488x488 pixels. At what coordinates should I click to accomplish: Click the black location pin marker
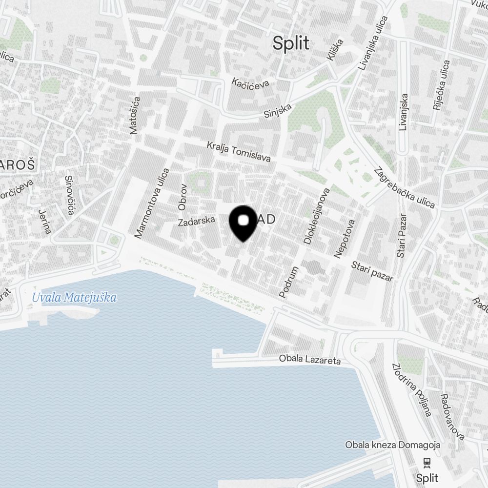pos(243,222)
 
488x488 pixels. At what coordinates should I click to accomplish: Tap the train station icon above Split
pos(427,462)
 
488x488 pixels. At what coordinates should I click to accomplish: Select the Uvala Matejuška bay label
pos(74,297)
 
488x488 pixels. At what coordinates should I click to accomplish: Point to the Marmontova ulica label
pos(152,203)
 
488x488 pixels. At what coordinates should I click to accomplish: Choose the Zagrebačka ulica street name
pos(404,188)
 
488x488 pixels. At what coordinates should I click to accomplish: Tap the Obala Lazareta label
pos(309,360)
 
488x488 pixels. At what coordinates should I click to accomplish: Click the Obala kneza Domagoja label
pos(392,445)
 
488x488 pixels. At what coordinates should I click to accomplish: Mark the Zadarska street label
pos(197,221)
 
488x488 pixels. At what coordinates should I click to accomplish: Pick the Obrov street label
pos(183,197)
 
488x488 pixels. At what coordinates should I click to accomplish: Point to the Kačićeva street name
pos(251,83)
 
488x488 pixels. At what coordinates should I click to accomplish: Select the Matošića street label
pos(135,115)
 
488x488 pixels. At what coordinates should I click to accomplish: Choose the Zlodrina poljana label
pos(412,389)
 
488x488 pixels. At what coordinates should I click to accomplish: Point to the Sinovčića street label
pos(69,195)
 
